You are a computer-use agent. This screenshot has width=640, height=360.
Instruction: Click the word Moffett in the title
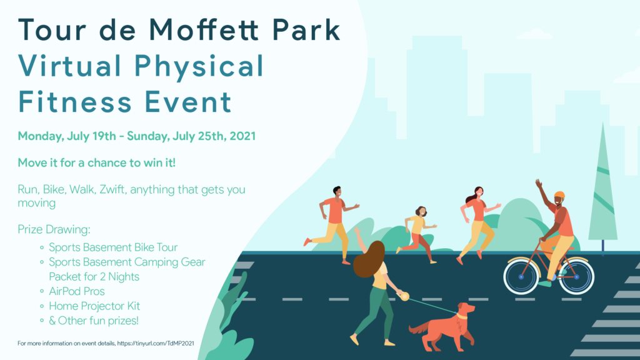point(203,30)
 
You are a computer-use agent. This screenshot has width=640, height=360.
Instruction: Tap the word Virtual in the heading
point(70,65)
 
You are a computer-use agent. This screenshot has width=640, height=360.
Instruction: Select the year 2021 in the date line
point(242,136)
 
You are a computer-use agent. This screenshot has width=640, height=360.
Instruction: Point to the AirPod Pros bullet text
point(77,291)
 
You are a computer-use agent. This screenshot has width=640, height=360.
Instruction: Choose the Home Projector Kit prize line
point(94,306)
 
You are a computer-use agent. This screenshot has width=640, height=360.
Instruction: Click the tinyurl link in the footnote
point(156,343)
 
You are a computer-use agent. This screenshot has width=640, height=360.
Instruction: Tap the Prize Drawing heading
point(54,229)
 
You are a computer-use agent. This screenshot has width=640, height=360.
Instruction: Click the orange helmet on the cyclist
point(559,195)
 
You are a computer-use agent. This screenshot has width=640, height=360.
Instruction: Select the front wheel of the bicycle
point(521,276)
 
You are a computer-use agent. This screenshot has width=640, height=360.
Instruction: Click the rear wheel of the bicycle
point(576,276)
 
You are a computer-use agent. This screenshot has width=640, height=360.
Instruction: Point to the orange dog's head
point(466,309)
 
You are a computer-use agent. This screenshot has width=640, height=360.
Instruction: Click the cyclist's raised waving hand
point(539,183)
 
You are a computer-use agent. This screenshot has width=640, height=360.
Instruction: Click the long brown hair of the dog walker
point(369,259)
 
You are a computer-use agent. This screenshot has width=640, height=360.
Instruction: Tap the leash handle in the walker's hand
point(404,296)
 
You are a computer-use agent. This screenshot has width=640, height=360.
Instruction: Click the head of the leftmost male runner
point(337,191)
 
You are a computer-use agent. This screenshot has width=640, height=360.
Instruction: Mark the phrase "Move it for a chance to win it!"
point(97,163)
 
